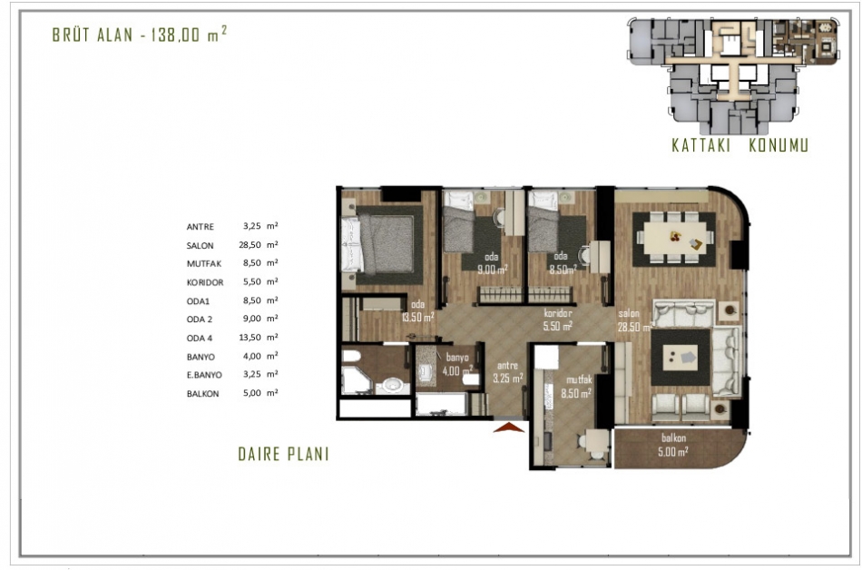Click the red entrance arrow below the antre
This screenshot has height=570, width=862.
(x=509, y=427)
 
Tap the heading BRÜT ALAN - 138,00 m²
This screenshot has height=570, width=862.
(x=140, y=34)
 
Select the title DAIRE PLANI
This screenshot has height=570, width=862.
(x=283, y=454)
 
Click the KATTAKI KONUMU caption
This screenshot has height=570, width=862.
(x=740, y=145)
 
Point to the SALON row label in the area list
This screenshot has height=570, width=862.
(x=201, y=246)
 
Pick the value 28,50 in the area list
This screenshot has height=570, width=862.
(x=250, y=244)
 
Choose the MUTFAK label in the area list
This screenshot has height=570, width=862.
(x=204, y=264)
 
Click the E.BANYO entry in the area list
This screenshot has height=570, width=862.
(x=204, y=375)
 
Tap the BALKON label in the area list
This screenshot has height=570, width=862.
(x=203, y=394)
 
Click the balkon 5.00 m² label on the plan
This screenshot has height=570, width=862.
(x=673, y=446)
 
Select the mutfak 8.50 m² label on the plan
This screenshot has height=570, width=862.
(x=576, y=387)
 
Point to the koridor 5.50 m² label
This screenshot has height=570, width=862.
(x=558, y=319)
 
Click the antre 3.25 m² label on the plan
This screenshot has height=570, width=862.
(x=507, y=371)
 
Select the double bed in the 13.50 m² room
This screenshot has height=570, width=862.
(x=378, y=244)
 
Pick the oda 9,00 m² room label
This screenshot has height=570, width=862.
(x=492, y=263)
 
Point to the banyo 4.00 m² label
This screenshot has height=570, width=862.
(x=457, y=365)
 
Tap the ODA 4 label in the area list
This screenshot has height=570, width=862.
(x=200, y=338)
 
